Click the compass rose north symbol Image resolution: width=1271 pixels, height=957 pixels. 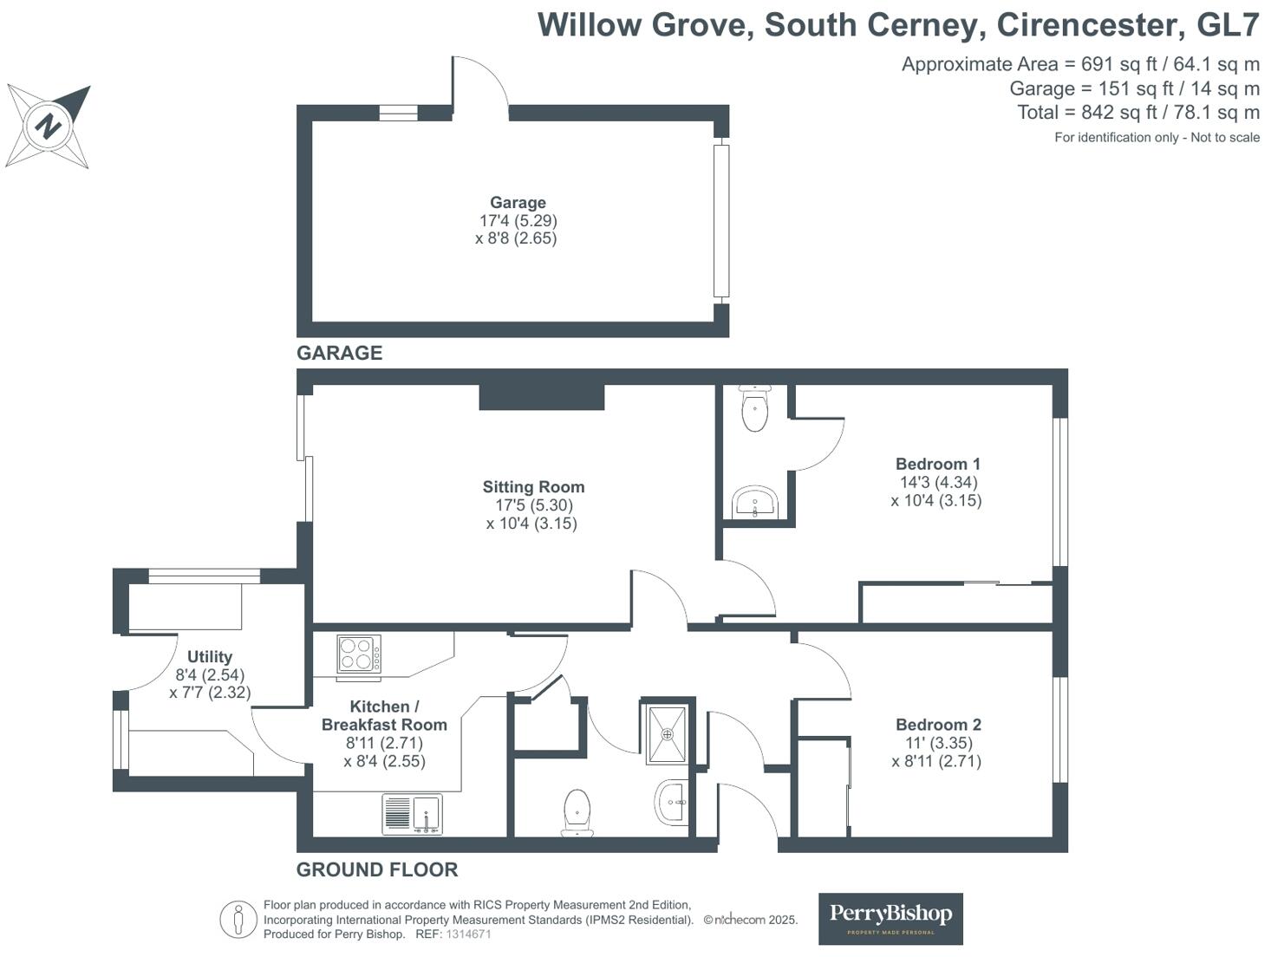48,127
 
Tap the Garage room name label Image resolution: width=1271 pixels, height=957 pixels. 518,203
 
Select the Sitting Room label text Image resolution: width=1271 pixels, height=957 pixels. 533,487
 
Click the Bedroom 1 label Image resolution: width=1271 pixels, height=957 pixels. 937,464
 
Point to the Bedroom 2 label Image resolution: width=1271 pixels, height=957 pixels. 938,725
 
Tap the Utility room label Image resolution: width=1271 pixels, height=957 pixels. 210,657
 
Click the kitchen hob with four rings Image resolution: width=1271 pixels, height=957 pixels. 358,654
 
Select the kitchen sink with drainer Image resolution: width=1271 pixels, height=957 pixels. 413,814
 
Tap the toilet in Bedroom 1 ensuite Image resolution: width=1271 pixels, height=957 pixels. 756,408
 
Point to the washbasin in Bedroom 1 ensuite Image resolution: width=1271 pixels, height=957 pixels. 755,503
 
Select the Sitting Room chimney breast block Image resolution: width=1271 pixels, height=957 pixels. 542,397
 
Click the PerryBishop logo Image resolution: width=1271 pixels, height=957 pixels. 890,918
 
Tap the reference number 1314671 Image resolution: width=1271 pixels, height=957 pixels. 468,934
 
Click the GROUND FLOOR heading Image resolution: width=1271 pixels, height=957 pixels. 377,869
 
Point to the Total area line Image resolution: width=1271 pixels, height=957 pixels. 1137,113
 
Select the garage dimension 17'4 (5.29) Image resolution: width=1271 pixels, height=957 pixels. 518,221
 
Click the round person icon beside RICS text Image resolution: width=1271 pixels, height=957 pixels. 238,920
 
